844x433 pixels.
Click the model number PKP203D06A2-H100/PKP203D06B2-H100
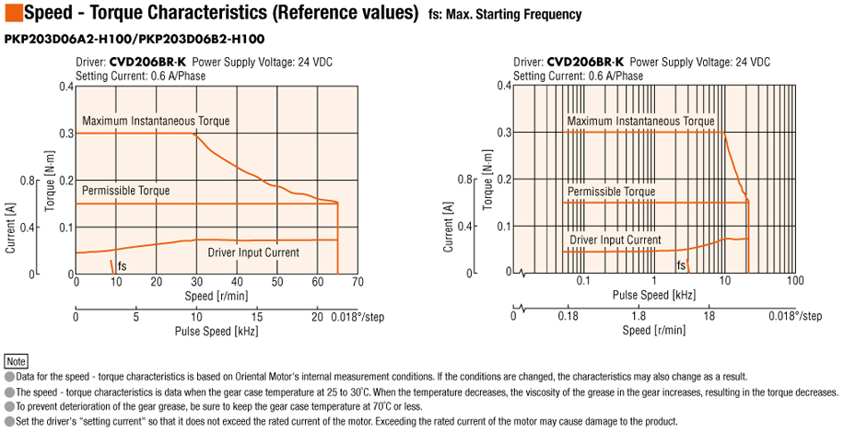[x=135, y=39]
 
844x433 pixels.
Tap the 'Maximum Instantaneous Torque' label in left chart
[x=156, y=121]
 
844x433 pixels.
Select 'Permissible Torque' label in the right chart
[x=612, y=192]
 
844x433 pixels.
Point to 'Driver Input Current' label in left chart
[x=253, y=251]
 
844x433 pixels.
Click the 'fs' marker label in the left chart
[x=123, y=265]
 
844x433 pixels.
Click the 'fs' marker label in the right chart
[x=681, y=265]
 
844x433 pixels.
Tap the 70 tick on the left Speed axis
[x=358, y=282]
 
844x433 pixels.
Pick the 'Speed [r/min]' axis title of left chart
[x=217, y=296]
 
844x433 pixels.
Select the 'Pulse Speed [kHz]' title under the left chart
[x=217, y=330]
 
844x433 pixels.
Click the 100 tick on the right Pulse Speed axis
[x=797, y=281]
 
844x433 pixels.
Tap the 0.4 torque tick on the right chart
[x=503, y=86]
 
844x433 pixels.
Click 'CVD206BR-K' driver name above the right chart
[x=585, y=63]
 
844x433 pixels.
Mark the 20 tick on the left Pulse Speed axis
[x=316, y=316]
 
